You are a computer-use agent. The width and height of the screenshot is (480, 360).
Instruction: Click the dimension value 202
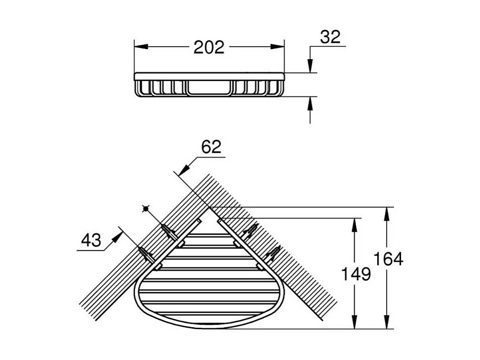click(x=209, y=48)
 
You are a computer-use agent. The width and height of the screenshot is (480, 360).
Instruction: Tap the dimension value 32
click(x=330, y=37)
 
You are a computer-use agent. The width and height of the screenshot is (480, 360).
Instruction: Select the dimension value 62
click(x=211, y=147)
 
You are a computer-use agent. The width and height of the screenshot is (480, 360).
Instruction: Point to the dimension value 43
click(x=91, y=240)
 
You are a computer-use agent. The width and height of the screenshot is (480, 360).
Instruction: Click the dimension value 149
click(x=356, y=274)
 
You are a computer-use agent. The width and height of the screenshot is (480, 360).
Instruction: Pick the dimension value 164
click(x=388, y=259)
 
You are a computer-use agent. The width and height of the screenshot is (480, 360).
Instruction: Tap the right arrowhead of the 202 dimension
click(x=277, y=47)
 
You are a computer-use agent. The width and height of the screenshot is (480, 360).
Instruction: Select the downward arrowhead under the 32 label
click(x=310, y=66)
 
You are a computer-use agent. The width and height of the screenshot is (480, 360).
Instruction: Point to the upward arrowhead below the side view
click(x=310, y=103)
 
